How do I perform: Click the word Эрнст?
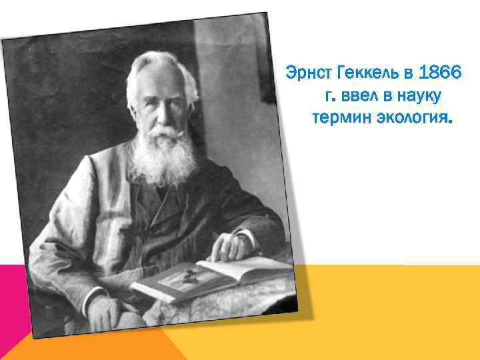tap(306, 71)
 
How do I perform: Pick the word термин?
tap(337, 120)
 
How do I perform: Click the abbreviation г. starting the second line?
tap(328, 97)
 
